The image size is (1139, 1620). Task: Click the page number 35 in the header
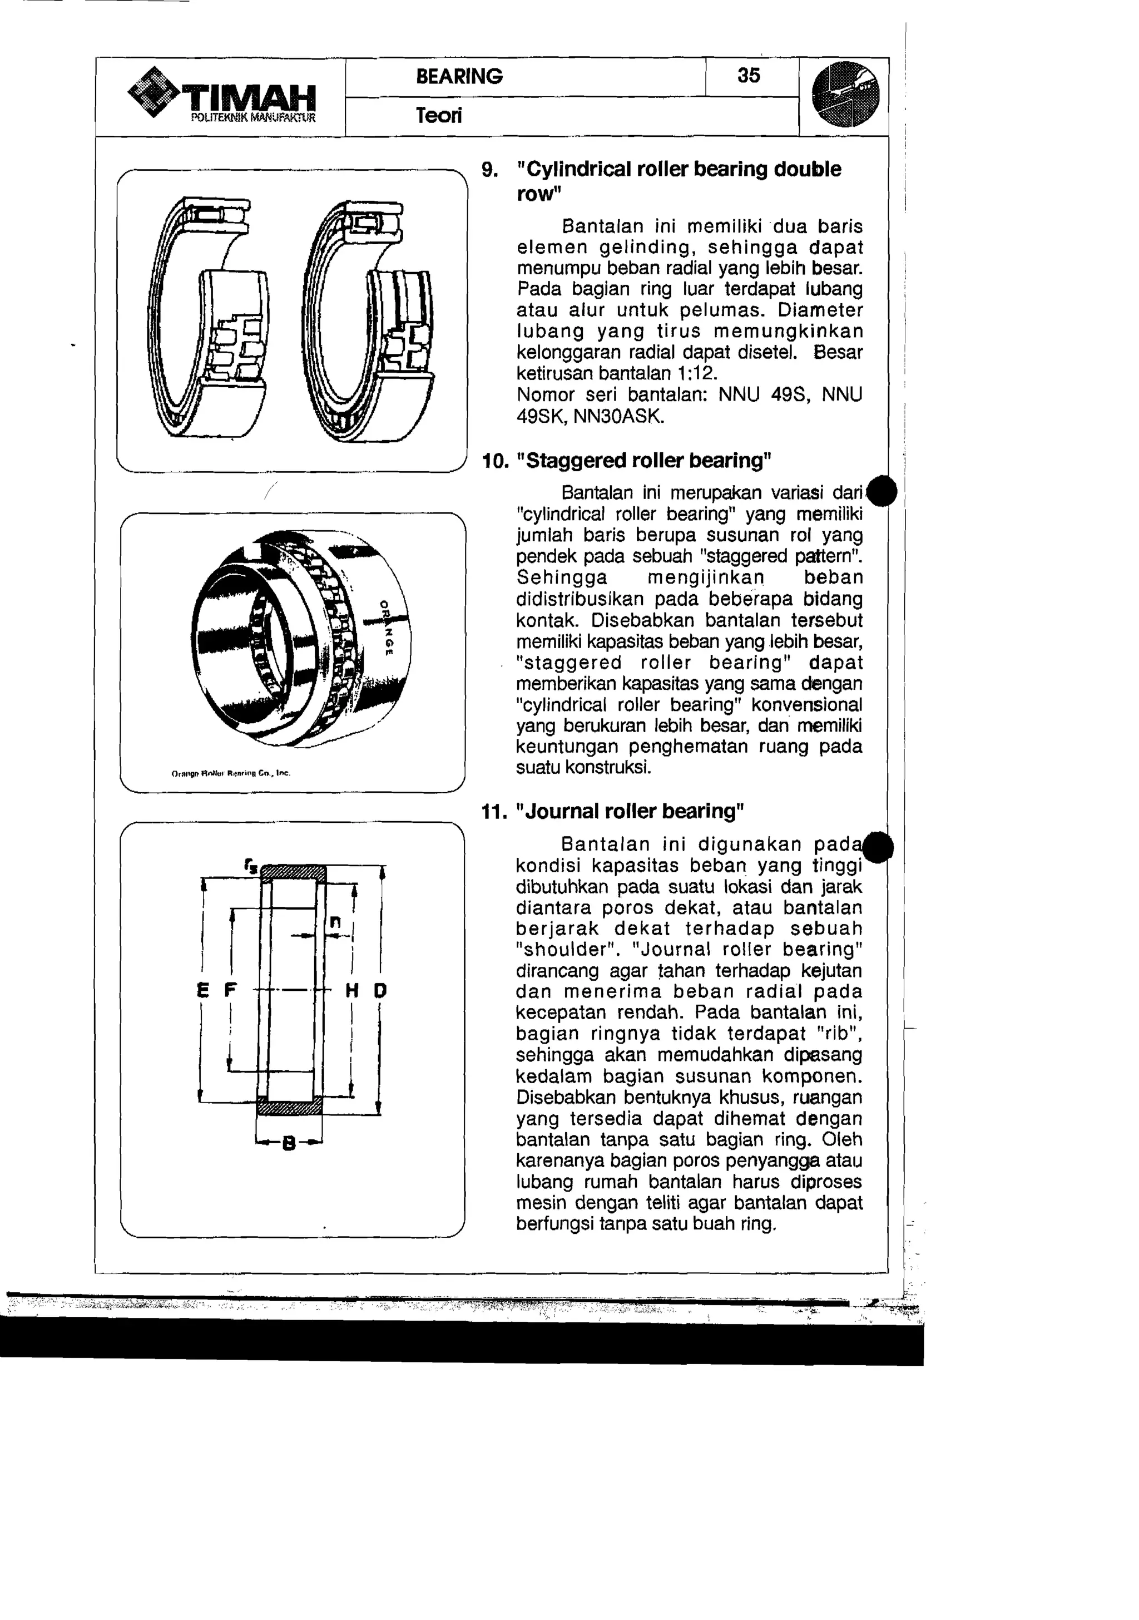click(748, 76)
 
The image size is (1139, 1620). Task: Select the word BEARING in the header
click(459, 76)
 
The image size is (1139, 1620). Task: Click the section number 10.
click(494, 461)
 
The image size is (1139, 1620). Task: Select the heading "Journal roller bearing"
click(630, 812)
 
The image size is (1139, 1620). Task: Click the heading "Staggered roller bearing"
click(644, 461)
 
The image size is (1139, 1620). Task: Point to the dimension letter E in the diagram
click(203, 991)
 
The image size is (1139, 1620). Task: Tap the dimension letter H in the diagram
click(353, 991)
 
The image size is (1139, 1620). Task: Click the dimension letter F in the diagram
click(230, 991)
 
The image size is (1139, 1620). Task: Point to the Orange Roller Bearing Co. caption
click(231, 773)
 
